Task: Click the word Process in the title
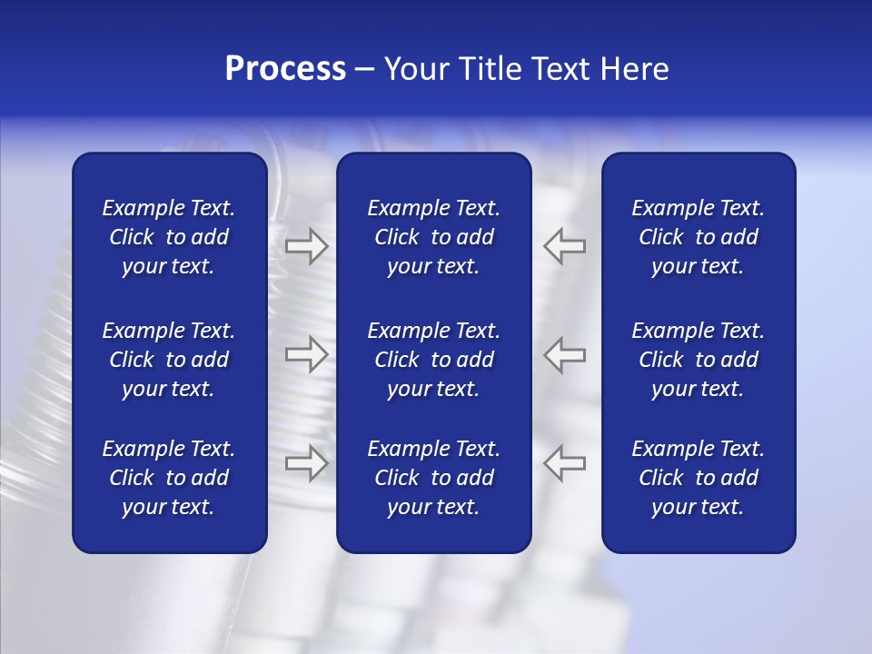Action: pos(285,69)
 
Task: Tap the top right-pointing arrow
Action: pos(306,246)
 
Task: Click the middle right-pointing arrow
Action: pos(306,354)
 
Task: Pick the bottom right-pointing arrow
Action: pos(306,462)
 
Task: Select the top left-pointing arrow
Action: pos(564,246)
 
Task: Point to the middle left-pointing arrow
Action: pos(564,354)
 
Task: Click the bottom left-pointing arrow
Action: pos(564,462)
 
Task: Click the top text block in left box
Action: pos(169,237)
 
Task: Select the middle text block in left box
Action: pos(169,360)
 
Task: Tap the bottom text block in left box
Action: pos(169,478)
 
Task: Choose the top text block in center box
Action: pos(433,237)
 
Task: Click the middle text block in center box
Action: pos(433,360)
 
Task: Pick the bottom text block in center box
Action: pos(433,478)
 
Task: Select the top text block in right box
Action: pos(698,237)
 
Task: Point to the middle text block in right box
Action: pos(698,360)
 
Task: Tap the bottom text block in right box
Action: pos(698,478)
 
